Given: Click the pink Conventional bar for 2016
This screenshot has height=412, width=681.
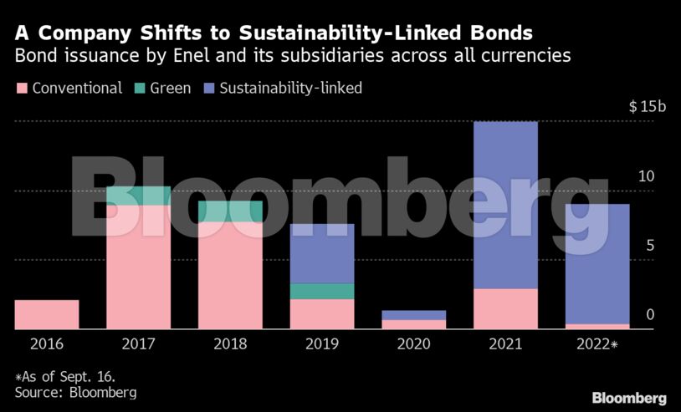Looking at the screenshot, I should click(47, 314).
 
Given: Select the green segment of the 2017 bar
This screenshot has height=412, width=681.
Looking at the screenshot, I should click(138, 196).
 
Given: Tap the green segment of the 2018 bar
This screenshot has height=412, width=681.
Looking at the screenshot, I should click(230, 211).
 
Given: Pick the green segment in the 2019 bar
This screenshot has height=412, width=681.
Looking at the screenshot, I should click(322, 291).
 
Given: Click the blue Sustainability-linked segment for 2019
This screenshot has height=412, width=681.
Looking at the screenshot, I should click(322, 253).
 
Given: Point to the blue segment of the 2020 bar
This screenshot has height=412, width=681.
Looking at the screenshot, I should click(414, 315).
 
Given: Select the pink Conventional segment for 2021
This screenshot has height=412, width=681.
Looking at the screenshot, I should click(505, 308).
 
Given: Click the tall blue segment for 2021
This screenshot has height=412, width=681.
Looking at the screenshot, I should click(505, 205).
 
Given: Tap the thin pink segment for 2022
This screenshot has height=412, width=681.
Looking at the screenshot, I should click(597, 326).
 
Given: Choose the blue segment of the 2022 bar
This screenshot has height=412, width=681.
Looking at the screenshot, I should click(597, 263).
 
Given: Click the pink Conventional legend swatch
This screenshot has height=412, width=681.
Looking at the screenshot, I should click(21, 88).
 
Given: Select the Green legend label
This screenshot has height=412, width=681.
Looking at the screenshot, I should click(171, 88).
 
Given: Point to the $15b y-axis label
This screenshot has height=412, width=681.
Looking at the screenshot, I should click(647, 107).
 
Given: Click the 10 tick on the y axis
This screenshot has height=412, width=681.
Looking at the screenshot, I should click(645, 176).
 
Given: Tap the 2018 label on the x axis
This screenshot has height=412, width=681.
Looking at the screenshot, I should click(230, 343).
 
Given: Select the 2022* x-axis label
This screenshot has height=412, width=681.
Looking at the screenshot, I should click(597, 343).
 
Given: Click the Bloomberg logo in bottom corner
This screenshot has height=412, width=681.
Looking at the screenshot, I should click(629, 398).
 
